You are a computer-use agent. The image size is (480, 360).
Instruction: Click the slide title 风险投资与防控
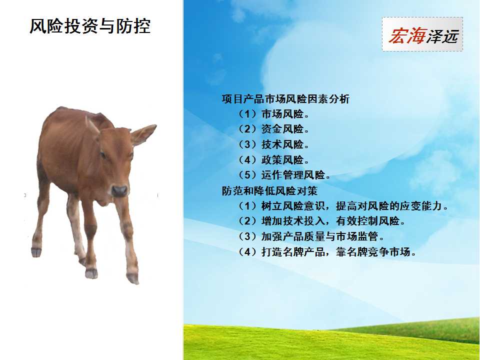click(x=90, y=26)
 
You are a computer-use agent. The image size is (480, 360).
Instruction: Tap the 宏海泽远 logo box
click(x=422, y=34)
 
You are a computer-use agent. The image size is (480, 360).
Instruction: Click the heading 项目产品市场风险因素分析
click(x=285, y=99)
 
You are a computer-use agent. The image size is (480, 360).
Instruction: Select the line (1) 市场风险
click(x=273, y=114)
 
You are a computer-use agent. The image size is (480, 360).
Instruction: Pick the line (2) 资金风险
click(x=273, y=129)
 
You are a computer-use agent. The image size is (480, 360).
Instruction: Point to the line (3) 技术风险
click(x=273, y=144)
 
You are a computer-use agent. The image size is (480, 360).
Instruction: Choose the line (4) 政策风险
click(x=273, y=160)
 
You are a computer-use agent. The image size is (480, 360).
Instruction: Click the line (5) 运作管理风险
click(x=284, y=175)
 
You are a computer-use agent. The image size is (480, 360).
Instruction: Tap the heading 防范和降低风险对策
click(x=269, y=190)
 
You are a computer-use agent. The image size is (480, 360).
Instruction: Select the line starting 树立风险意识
click(x=343, y=206)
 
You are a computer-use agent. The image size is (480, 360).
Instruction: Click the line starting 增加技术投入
click(x=321, y=221)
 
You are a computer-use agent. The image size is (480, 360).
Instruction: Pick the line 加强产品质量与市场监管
click(x=310, y=236)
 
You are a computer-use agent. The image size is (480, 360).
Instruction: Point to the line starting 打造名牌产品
click(x=326, y=252)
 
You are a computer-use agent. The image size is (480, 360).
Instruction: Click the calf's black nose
click(x=119, y=191)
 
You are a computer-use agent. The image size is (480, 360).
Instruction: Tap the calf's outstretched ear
click(x=143, y=134)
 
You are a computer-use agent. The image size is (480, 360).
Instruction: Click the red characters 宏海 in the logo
click(x=406, y=35)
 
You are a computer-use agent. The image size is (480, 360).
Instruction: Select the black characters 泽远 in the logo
click(x=442, y=36)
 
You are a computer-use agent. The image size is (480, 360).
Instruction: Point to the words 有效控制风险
click(x=370, y=221)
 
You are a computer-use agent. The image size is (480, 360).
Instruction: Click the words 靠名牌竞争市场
click(x=376, y=252)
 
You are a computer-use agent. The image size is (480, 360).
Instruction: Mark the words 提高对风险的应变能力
click(x=392, y=206)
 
